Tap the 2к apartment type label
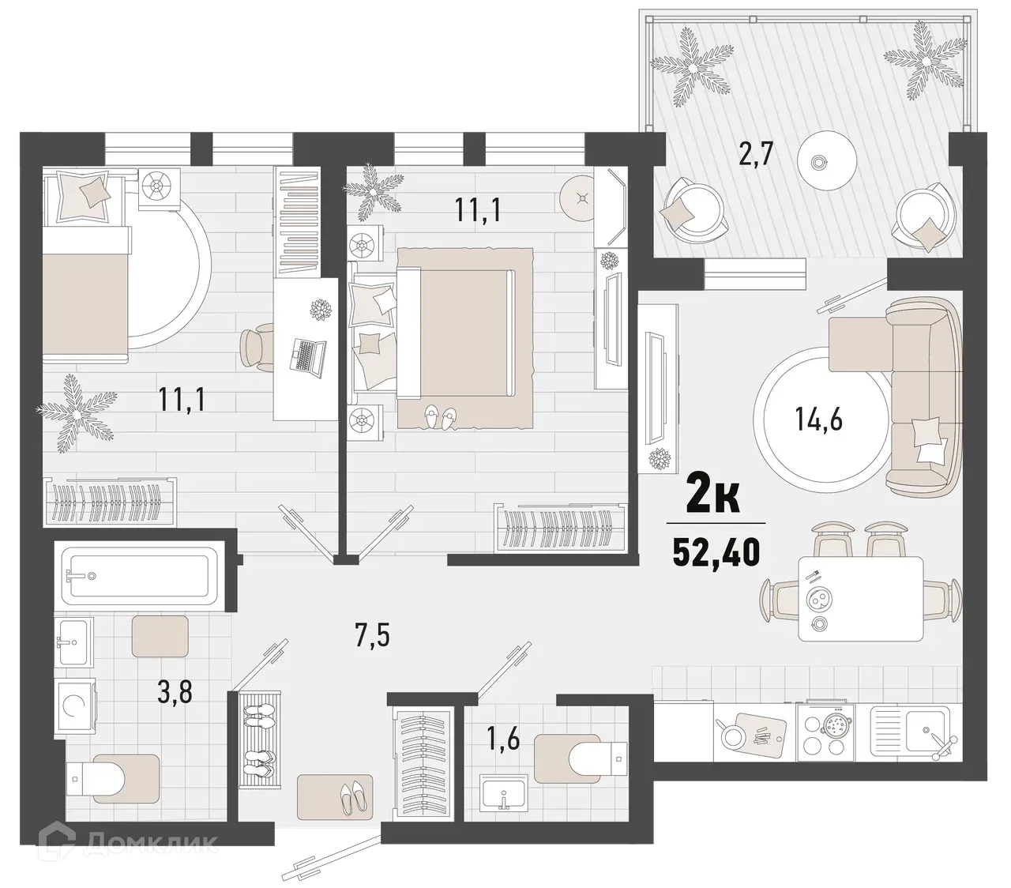tap(714, 497)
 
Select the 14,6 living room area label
tap(819, 419)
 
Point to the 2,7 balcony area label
tap(754, 153)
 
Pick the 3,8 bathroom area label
tap(175, 693)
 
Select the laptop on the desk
tap(307, 355)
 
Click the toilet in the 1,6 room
tap(581, 758)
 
